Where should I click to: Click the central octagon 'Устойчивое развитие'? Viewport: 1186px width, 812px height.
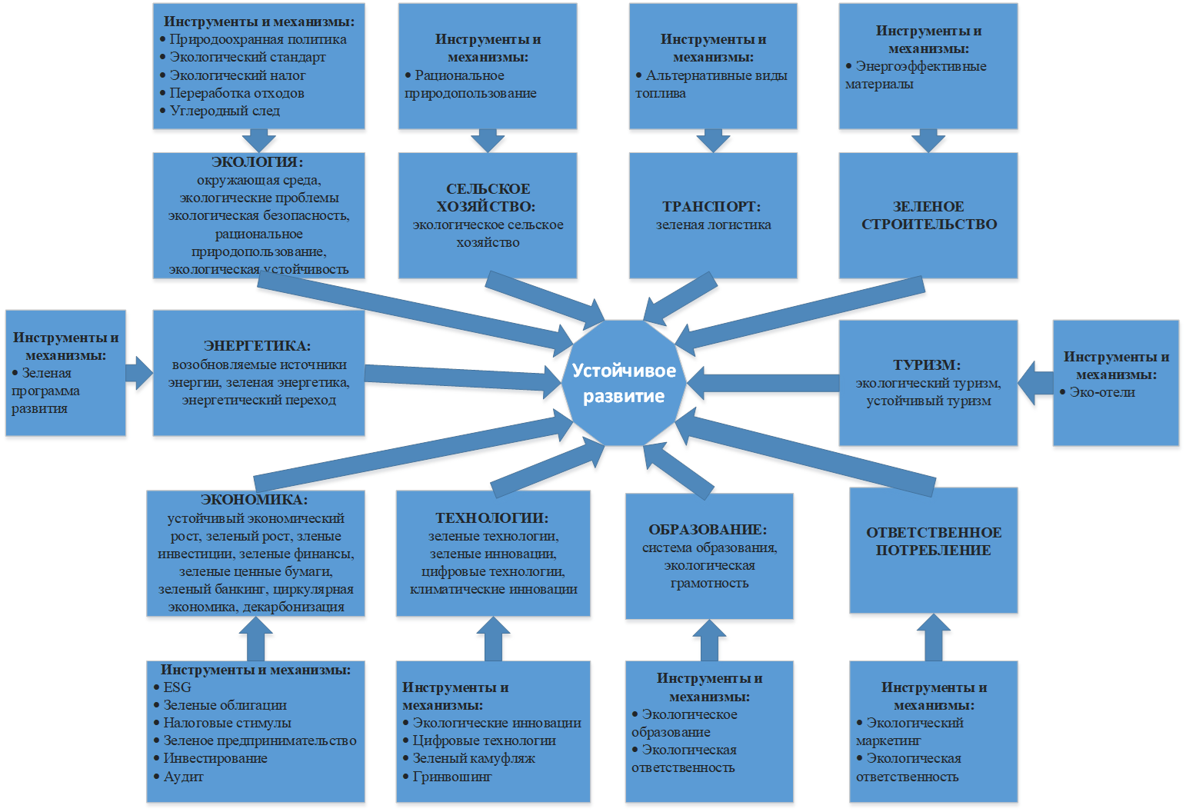pyautogui.click(x=623, y=383)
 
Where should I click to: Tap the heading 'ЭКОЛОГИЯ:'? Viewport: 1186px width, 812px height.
pyautogui.click(x=258, y=162)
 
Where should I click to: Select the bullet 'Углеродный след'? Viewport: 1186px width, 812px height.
pyautogui.click(x=225, y=111)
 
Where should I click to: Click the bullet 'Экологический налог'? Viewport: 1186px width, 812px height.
pyautogui.click(x=237, y=75)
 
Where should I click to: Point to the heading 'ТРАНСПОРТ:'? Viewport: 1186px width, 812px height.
pyautogui.click(x=711, y=207)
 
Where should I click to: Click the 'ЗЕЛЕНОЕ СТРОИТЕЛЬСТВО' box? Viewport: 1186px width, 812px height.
pyautogui.click(x=928, y=215)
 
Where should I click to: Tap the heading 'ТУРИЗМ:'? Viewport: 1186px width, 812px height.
pyautogui.click(x=927, y=365)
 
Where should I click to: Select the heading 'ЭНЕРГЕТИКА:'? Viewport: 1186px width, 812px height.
pyautogui.click(x=258, y=346)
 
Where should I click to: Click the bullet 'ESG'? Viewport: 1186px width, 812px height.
pyautogui.click(x=177, y=687)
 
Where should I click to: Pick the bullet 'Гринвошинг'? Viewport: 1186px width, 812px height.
pyautogui.click(x=451, y=777)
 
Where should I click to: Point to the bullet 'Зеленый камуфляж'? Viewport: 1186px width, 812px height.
pyautogui.click(x=473, y=758)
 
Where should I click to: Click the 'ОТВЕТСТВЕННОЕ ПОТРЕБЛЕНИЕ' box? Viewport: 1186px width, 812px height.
pyautogui.click(x=934, y=541)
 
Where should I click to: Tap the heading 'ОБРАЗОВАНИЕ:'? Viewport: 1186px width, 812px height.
pyautogui.click(x=708, y=530)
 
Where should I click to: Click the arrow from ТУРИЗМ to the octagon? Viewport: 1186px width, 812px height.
pyautogui.click(x=761, y=382)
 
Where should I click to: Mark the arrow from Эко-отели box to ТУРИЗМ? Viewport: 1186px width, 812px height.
pyautogui.click(x=1036, y=382)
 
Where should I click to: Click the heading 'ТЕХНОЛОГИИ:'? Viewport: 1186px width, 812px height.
pyautogui.click(x=492, y=518)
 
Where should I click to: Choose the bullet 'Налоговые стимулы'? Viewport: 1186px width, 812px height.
pyautogui.click(x=227, y=723)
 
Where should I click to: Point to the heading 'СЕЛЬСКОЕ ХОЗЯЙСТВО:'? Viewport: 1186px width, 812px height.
pyautogui.click(x=488, y=198)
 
